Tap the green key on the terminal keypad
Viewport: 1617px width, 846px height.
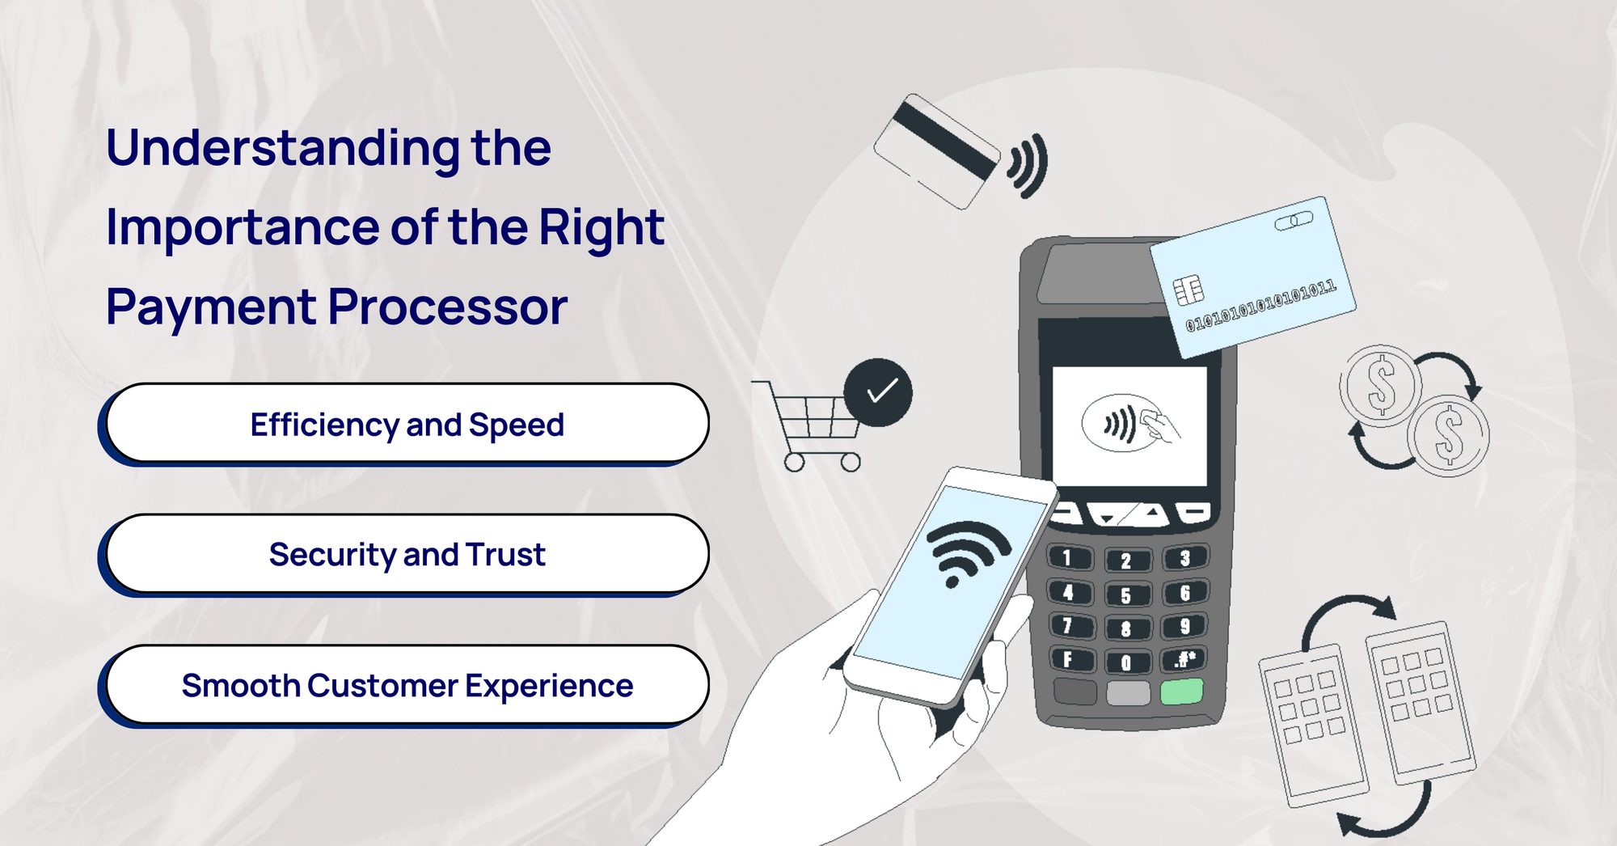tap(1182, 692)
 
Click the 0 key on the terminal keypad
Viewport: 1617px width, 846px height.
tap(1126, 662)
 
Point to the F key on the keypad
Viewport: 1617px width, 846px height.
tap(1070, 659)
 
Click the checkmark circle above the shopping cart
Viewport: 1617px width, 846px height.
tap(879, 392)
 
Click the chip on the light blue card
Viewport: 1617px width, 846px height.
tap(1188, 290)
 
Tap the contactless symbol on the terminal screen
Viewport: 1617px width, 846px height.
tap(1120, 423)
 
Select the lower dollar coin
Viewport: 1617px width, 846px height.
tap(1448, 435)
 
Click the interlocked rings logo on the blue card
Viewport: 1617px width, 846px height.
tap(1294, 220)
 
